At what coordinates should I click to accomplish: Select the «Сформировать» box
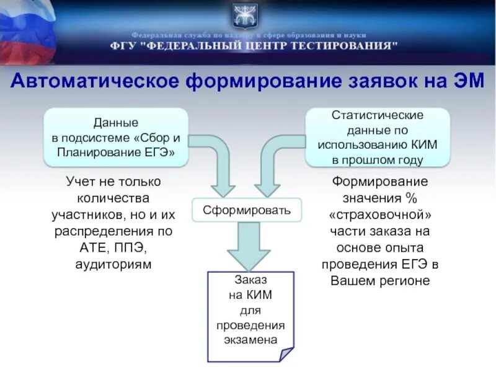247,210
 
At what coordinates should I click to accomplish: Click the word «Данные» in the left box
115,123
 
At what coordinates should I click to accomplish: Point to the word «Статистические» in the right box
378,115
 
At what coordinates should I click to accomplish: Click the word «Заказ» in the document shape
250,280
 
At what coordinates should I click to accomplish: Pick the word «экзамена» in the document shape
250,340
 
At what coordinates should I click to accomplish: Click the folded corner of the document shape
286,355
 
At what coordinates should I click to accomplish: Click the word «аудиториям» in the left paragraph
113,264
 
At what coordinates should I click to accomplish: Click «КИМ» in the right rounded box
423,144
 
